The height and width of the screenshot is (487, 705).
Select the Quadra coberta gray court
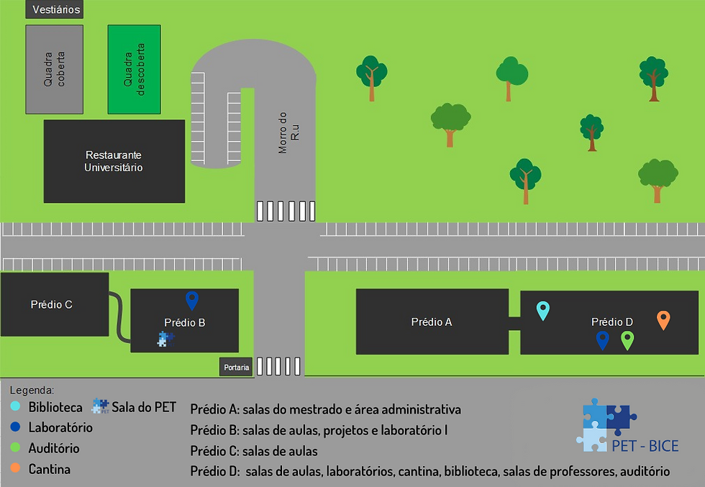tap(55, 69)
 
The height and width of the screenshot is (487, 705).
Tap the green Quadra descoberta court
tap(134, 69)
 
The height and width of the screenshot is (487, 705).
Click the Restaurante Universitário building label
tap(114, 161)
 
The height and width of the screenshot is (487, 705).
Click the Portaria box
tap(237, 368)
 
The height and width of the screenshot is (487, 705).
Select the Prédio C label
tap(51, 304)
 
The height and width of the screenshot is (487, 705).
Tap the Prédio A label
tap(432, 322)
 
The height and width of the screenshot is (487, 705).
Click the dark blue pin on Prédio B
tap(191, 300)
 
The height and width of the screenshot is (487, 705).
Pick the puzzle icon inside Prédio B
tap(165, 339)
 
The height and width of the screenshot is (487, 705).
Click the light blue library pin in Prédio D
tap(543, 310)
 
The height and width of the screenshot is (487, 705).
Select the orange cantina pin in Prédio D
tap(663, 319)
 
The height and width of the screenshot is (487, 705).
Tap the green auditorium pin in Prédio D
tap(627, 340)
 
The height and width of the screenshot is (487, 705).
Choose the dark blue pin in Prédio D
tap(603, 340)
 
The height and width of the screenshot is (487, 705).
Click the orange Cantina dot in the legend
tap(15, 470)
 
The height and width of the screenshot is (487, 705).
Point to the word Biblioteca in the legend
tap(55, 408)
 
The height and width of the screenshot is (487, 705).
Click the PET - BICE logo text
tap(645, 446)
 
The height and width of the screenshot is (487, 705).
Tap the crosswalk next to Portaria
tap(278, 366)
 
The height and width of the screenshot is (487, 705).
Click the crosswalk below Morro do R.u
tap(286, 211)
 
